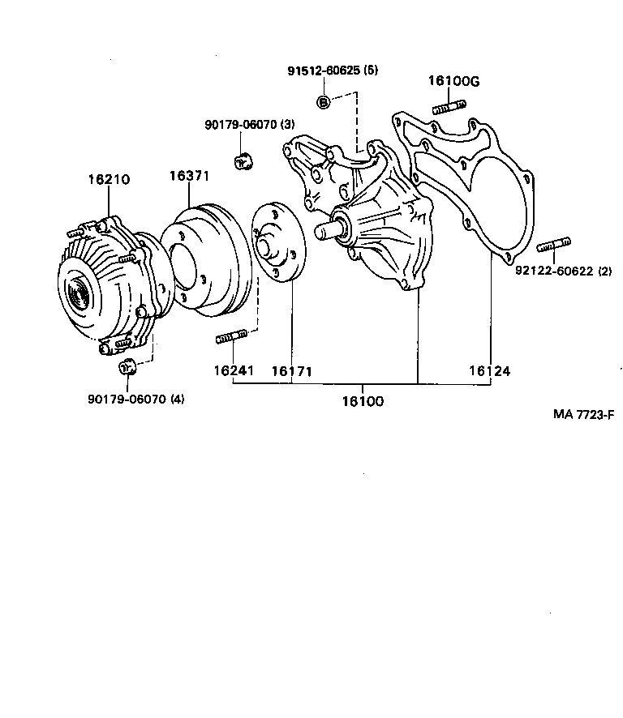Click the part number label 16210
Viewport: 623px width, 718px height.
[109, 180]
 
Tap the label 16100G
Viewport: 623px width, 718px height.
[453, 80]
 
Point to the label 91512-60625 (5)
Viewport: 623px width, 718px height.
[333, 71]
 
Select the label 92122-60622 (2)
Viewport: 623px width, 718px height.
[563, 271]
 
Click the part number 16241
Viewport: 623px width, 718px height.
[234, 371]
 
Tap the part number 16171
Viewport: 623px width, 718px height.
[291, 371]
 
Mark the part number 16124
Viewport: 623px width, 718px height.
[489, 371]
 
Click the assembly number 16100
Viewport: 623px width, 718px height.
[363, 401]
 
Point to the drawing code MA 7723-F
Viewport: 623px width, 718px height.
[584, 414]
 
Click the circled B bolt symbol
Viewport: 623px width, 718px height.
[323, 101]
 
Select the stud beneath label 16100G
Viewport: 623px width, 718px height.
[449, 107]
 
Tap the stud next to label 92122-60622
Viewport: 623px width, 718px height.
[555, 245]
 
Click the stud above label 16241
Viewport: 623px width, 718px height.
[232, 337]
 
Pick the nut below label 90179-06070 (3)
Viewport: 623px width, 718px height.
[242, 160]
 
